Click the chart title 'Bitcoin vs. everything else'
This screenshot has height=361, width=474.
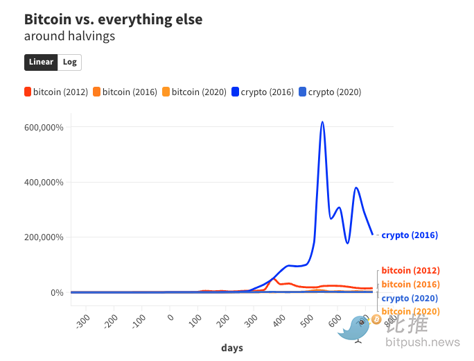click(x=113, y=19)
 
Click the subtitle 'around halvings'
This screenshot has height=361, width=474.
click(x=69, y=36)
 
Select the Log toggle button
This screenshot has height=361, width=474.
click(x=69, y=62)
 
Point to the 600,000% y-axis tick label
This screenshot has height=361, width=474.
click(x=44, y=128)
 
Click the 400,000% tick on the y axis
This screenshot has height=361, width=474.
click(x=44, y=183)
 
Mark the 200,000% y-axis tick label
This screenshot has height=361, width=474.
click(x=44, y=237)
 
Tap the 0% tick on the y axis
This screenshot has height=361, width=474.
click(x=58, y=292)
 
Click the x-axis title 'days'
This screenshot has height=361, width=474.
click(x=232, y=347)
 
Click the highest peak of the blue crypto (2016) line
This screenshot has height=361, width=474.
click(x=322, y=122)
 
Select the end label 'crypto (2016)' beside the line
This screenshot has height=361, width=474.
click(x=410, y=235)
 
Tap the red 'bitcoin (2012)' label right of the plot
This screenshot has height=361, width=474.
click(x=410, y=271)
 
